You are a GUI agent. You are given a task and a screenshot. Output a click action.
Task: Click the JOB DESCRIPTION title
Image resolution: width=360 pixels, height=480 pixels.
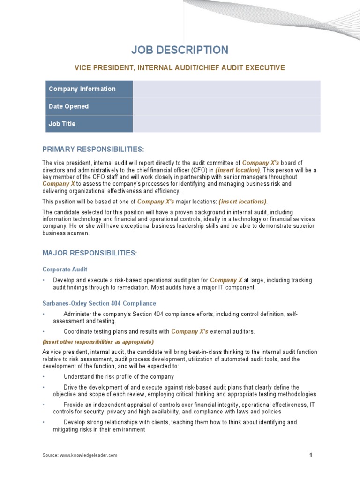[180, 50]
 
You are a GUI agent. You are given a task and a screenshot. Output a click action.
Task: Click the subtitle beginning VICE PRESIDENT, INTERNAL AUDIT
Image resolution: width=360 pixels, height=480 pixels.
[180, 68]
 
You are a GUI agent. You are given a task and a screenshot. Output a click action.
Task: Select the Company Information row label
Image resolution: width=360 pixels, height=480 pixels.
[82, 89]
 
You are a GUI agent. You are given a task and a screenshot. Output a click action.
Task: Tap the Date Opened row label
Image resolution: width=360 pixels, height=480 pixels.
[68, 106]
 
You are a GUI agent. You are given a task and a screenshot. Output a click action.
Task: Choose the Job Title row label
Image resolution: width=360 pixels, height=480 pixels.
[62, 124]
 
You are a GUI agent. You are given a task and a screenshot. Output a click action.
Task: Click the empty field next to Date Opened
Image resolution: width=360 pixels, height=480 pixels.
[226, 106]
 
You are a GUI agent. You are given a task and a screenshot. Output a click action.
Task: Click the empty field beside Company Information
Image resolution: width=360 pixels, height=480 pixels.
[226, 89]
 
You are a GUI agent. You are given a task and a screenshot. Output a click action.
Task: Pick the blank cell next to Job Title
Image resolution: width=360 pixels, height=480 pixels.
[226, 124]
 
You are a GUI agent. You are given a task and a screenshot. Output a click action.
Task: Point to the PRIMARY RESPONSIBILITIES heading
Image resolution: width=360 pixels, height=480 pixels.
[93, 149]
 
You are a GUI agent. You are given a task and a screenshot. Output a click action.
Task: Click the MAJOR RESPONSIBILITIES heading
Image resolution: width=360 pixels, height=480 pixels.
[90, 253]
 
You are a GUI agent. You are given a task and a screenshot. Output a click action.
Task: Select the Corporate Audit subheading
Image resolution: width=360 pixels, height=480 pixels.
[65, 270]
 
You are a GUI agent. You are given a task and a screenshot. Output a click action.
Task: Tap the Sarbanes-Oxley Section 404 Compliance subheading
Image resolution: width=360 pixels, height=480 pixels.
[99, 303]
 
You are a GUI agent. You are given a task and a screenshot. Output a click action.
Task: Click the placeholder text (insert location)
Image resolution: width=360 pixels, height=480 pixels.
[238, 170]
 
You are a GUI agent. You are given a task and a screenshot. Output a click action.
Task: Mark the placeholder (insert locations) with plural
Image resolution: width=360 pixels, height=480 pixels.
[242, 202]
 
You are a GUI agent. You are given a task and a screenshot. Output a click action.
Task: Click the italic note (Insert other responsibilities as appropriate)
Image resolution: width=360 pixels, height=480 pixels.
[98, 342]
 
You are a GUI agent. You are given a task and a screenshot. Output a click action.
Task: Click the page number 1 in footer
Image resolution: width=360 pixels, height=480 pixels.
[310, 455]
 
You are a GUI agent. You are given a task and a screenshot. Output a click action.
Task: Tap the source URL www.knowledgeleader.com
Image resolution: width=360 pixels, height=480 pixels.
[89, 455]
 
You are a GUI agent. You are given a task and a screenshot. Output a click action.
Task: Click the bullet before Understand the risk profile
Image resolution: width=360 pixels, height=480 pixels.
[44, 377]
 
